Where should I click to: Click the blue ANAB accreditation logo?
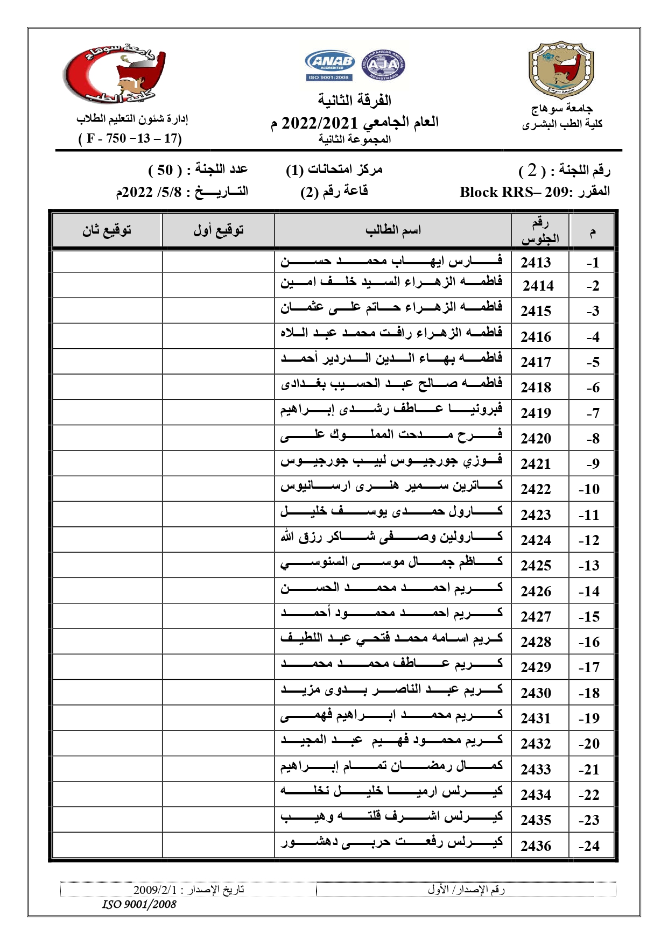pyautogui.click(x=329, y=65)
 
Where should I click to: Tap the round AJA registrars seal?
pyautogui.click(x=383, y=66)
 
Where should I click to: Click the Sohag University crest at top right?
pyautogui.click(x=561, y=69)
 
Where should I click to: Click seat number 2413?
pyautogui.click(x=536, y=263)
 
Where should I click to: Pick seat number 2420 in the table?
pyautogui.click(x=536, y=439)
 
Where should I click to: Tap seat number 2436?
pyautogui.click(x=536, y=846)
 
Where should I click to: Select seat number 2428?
pyautogui.click(x=536, y=642)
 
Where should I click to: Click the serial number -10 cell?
pyautogui.click(x=589, y=489)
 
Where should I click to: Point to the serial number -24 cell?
pyautogui.click(x=589, y=846)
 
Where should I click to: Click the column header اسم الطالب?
pyautogui.click(x=393, y=230)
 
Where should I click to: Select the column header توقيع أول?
pyautogui.click(x=219, y=230)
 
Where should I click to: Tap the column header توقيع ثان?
pyautogui.click(x=107, y=230)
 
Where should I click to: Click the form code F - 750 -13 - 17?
pyautogui.click(x=130, y=138)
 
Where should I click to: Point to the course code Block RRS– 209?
pyautogui.click(x=517, y=192)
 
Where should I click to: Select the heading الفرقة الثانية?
pyautogui.click(x=354, y=101)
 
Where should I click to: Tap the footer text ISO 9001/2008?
pyautogui.click(x=139, y=905)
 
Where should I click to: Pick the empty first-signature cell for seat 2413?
pyautogui.click(x=219, y=262)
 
